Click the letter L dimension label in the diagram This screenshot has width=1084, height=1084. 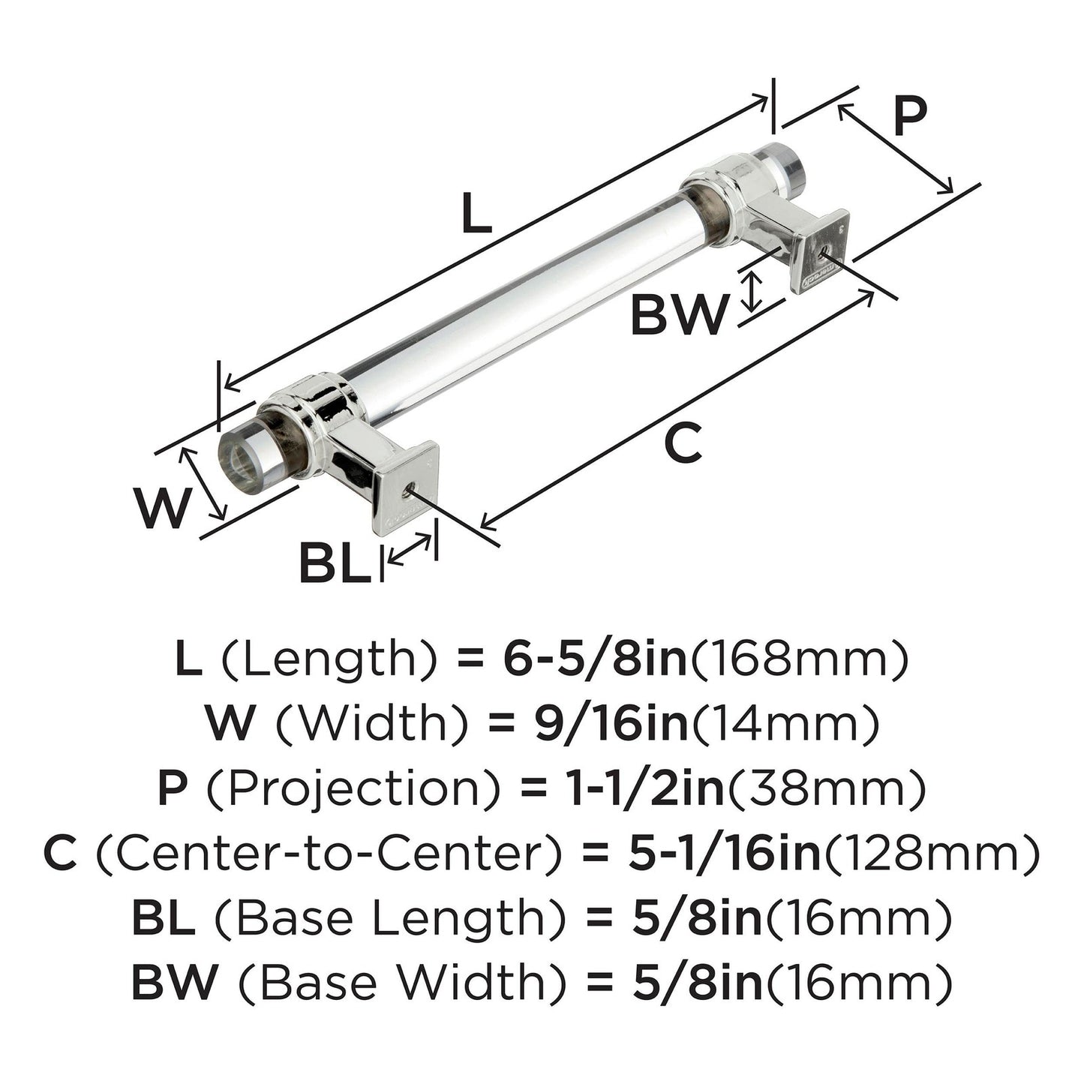476,212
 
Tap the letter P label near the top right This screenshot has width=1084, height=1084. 910,116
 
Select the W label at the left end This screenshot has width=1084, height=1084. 164,509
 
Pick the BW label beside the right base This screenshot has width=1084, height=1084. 677,315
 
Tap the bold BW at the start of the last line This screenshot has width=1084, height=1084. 174,982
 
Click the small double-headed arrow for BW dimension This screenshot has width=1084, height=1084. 750,292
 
